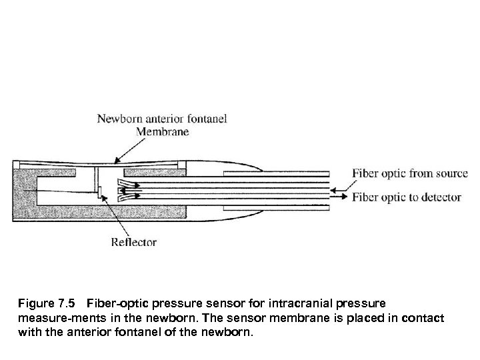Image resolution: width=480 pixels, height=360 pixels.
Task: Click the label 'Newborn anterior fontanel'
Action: (163, 119)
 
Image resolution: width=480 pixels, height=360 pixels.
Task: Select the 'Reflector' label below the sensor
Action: (135, 242)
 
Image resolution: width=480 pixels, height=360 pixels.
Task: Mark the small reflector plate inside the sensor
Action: (100, 192)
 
